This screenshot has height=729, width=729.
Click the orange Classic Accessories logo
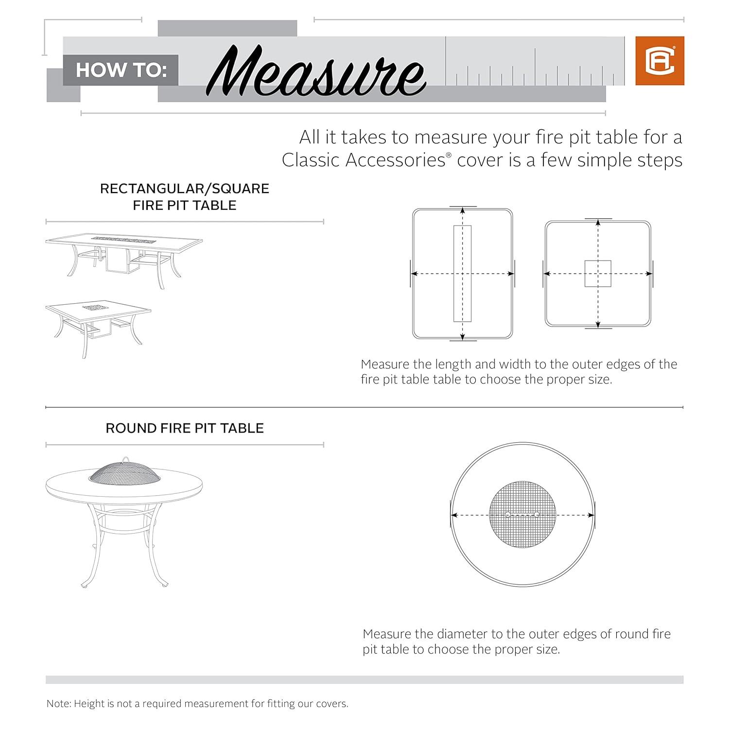660,61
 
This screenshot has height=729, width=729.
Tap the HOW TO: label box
121,70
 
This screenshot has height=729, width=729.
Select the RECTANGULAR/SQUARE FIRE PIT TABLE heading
185,196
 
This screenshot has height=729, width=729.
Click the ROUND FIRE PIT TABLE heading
185,428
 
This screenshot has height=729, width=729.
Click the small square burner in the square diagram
598,274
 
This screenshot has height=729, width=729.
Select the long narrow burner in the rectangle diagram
462,274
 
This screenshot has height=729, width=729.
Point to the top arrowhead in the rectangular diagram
463,211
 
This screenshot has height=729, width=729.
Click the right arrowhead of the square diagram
649,274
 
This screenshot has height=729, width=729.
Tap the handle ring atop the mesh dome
126,459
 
